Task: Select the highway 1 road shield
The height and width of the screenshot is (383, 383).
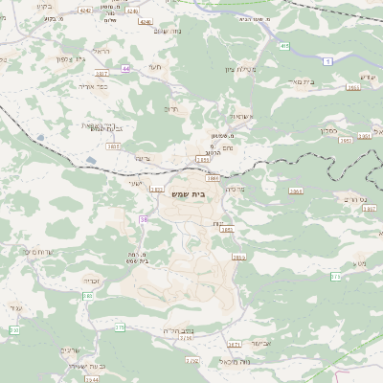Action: point(328,60)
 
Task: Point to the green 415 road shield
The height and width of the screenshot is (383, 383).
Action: point(284,45)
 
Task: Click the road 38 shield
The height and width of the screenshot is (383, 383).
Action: point(145,219)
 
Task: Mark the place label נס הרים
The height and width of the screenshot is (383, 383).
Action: point(351,199)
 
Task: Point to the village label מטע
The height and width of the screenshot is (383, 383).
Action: point(359,261)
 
